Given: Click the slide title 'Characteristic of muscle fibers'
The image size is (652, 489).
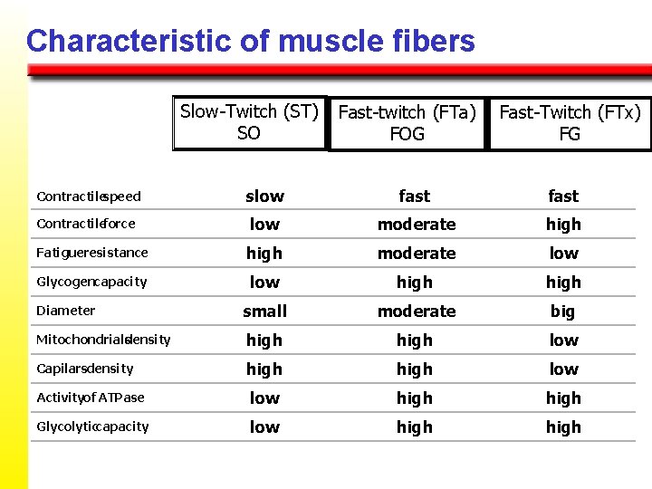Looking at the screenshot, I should pyautogui.click(x=250, y=41).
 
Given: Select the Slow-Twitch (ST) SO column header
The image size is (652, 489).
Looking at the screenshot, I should pyautogui.click(x=249, y=122).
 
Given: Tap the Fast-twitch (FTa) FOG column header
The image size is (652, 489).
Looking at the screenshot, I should pyautogui.click(x=407, y=123).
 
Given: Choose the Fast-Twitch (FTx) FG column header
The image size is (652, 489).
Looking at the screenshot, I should pyautogui.click(x=570, y=123).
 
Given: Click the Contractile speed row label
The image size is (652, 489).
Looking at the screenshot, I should pyautogui.click(x=89, y=197).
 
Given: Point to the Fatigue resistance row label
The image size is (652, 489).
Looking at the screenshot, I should pyautogui.click(x=91, y=253).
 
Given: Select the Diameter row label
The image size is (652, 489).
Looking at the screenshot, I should pyautogui.click(x=65, y=311).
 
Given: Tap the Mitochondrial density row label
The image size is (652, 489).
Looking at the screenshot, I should pyautogui.click(x=103, y=340).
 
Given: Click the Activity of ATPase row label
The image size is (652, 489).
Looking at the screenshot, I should pyautogui.click(x=90, y=398).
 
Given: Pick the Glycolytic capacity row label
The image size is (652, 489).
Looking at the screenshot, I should pyautogui.click(x=92, y=427).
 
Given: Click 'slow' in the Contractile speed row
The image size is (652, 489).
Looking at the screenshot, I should pyautogui.click(x=264, y=197).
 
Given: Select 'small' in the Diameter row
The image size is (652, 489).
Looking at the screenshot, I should pyautogui.click(x=264, y=312).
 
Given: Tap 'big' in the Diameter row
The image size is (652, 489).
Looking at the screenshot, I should pyautogui.click(x=563, y=312).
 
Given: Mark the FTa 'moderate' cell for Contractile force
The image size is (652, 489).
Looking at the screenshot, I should pyautogui.click(x=417, y=225).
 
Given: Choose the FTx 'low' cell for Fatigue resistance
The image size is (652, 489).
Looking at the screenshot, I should pyautogui.click(x=563, y=254).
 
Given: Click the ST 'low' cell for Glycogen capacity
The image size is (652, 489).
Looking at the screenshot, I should pyautogui.click(x=264, y=283).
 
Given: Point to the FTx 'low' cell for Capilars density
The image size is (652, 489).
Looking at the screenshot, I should pyautogui.click(x=563, y=369).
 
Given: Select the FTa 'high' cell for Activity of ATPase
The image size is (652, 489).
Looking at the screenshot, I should pyautogui.click(x=415, y=398).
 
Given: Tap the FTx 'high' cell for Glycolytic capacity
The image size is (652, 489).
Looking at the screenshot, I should pyautogui.click(x=563, y=427).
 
